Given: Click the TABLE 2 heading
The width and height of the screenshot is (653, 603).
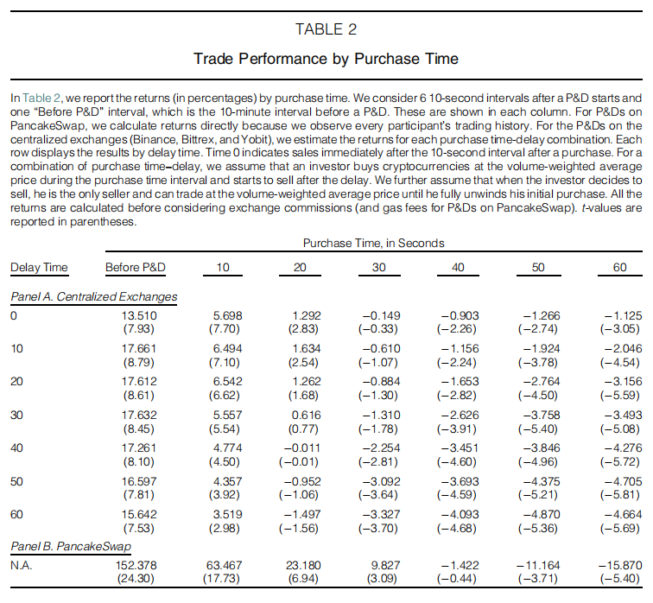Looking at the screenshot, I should click(x=326, y=29).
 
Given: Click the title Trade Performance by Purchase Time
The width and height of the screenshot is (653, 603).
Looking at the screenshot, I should click(x=326, y=59).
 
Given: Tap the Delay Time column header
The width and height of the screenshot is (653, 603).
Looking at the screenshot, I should click(x=39, y=268).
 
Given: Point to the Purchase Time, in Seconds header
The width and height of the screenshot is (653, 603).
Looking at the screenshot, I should click(x=374, y=244).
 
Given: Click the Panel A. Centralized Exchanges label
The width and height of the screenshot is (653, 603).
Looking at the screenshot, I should click(x=93, y=296).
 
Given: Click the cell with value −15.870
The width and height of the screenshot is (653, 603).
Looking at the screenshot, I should click(x=619, y=565).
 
